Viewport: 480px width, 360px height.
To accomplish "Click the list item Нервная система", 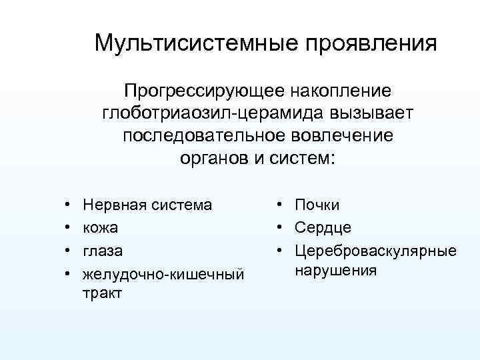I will (147, 205).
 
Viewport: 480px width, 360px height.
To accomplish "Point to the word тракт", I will (102, 293).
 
